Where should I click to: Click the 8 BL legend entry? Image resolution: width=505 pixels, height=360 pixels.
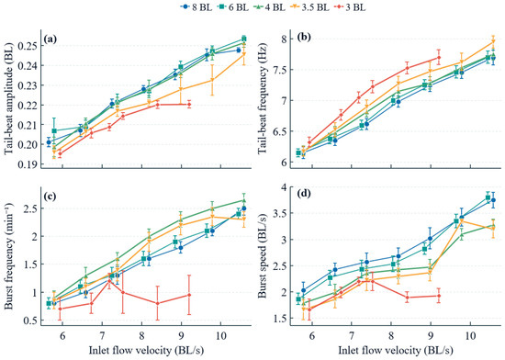(196, 7)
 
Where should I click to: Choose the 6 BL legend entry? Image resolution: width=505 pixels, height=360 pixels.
(232, 7)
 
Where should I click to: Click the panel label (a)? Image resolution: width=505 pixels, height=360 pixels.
(50, 39)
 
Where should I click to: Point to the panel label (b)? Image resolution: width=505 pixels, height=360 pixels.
(304, 38)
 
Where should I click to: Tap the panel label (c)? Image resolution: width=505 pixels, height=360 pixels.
(50, 197)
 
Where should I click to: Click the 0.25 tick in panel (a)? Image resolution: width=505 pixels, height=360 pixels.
(29, 46)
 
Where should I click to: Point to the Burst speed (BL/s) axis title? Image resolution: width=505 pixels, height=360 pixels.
(263, 253)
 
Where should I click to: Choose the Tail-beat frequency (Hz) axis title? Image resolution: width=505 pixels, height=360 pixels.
(263, 100)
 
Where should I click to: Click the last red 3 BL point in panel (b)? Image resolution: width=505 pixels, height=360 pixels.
(439, 58)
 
